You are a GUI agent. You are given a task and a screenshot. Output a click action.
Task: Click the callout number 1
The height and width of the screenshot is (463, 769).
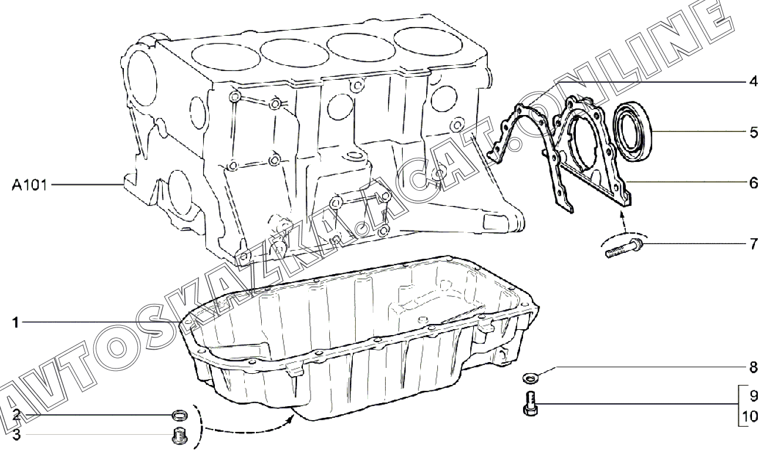[x=17, y=322]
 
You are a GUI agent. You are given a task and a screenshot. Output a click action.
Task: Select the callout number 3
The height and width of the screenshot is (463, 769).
[x=17, y=435]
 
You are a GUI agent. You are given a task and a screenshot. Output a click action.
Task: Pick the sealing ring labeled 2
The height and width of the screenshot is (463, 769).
[x=180, y=416]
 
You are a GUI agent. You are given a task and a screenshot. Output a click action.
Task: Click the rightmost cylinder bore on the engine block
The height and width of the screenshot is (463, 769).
[x=423, y=41]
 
